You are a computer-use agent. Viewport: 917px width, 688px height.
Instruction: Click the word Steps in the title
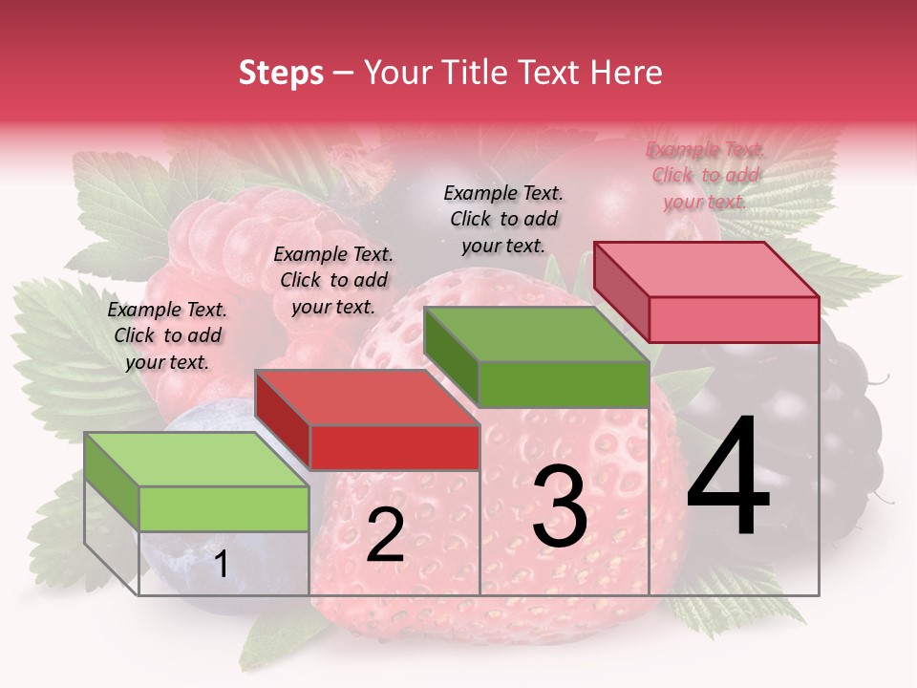(x=281, y=73)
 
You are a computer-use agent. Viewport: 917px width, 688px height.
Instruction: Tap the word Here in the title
(x=626, y=73)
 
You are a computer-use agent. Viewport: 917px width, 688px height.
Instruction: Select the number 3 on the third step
(x=560, y=505)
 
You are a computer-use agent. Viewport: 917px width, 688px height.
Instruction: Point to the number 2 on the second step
(x=385, y=535)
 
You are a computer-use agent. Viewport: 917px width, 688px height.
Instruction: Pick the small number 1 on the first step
(x=221, y=565)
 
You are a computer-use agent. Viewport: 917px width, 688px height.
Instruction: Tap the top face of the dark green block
(x=535, y=334)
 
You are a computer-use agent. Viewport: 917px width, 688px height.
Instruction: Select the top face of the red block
(x=367, y=398)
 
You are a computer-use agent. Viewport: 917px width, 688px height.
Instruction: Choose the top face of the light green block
(x=196, y=460)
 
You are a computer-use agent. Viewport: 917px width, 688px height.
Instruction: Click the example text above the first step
(x=167, y=336)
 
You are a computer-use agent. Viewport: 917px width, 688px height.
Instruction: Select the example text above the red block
(x=333, y=280)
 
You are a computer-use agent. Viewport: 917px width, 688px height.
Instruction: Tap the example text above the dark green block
(x=503, y=219)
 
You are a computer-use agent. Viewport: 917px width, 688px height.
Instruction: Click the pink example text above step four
(x=705, y=175)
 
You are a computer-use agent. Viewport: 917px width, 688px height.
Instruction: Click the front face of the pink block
(x=734, y=319)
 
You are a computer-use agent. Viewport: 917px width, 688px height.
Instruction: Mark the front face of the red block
(x=395, y=447)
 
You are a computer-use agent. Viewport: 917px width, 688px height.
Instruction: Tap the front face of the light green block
(x=224, y=508)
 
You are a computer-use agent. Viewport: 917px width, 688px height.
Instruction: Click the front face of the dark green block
(x=564, y=384)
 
